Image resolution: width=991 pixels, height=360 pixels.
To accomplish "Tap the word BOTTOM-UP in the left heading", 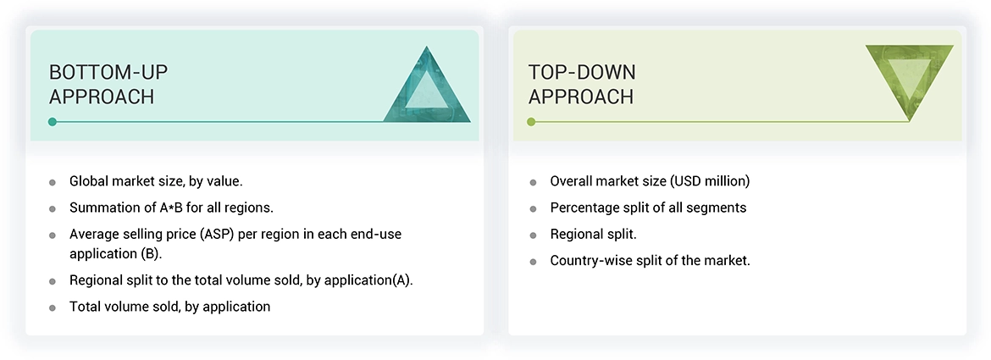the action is pyautogui.click(x=108, y=73).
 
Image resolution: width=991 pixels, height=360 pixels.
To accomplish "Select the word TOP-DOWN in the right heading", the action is pyautogui.click(x=582, y=73).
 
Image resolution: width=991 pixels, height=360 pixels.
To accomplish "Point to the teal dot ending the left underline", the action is pyautogui.click(x=53, y=122).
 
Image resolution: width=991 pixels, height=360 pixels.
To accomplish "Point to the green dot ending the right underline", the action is pyautogui.click(x=531, y=122).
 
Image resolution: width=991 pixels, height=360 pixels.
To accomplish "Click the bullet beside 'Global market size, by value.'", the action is pyautogui.click(x=53, y=182).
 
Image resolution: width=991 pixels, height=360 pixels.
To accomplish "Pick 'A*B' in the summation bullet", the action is pyautogui.click(x=170, y=208).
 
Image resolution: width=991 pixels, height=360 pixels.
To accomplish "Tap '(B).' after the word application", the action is pyautogui.click(x=151, y=254).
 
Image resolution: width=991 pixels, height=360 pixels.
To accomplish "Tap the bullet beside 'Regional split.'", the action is pyautogui.click(x=533, y=235).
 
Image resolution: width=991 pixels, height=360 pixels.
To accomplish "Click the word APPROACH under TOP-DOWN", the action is pyautogui.click(x=581, y=97).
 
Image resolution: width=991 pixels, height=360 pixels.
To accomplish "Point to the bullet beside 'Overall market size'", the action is pyautogui.click(x=533, y=182).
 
